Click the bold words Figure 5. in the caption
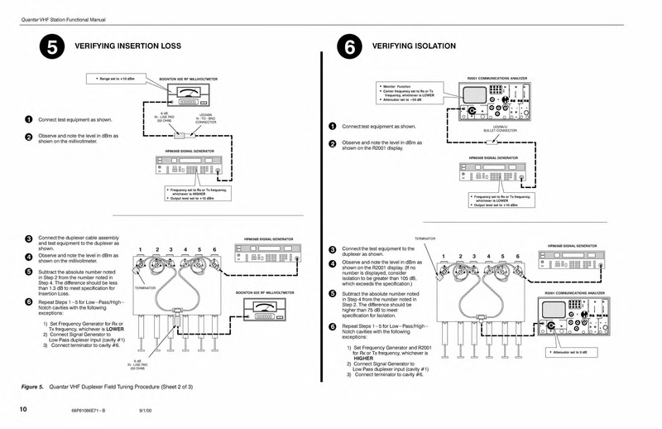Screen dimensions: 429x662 click(x=36, y=387)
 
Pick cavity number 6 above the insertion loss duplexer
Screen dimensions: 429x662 click(x=214, y=249)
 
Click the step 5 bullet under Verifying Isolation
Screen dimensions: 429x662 click(x=331, y=294)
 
